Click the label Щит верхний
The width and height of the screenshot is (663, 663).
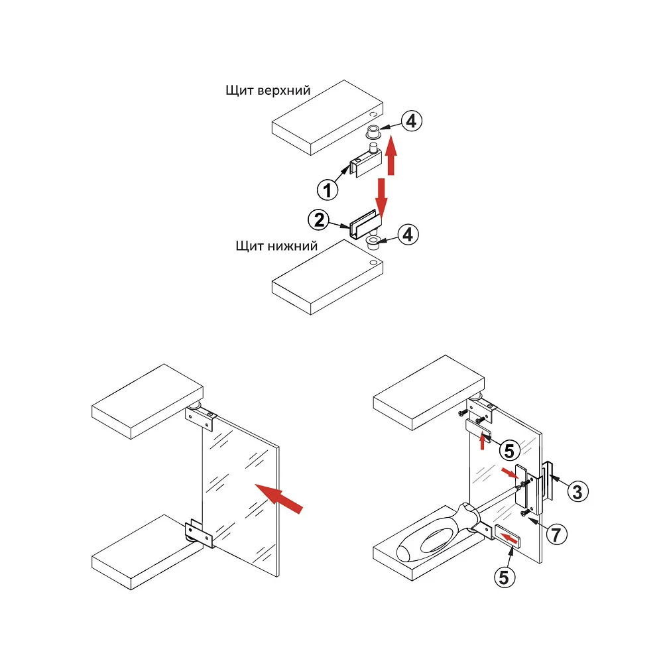(268, 90)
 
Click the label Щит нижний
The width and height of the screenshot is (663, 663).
(276, 246)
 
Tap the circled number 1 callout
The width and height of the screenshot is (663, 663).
(327, 190)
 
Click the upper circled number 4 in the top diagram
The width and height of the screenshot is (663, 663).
(411, 121)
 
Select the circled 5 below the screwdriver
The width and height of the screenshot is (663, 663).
(505, 577)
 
